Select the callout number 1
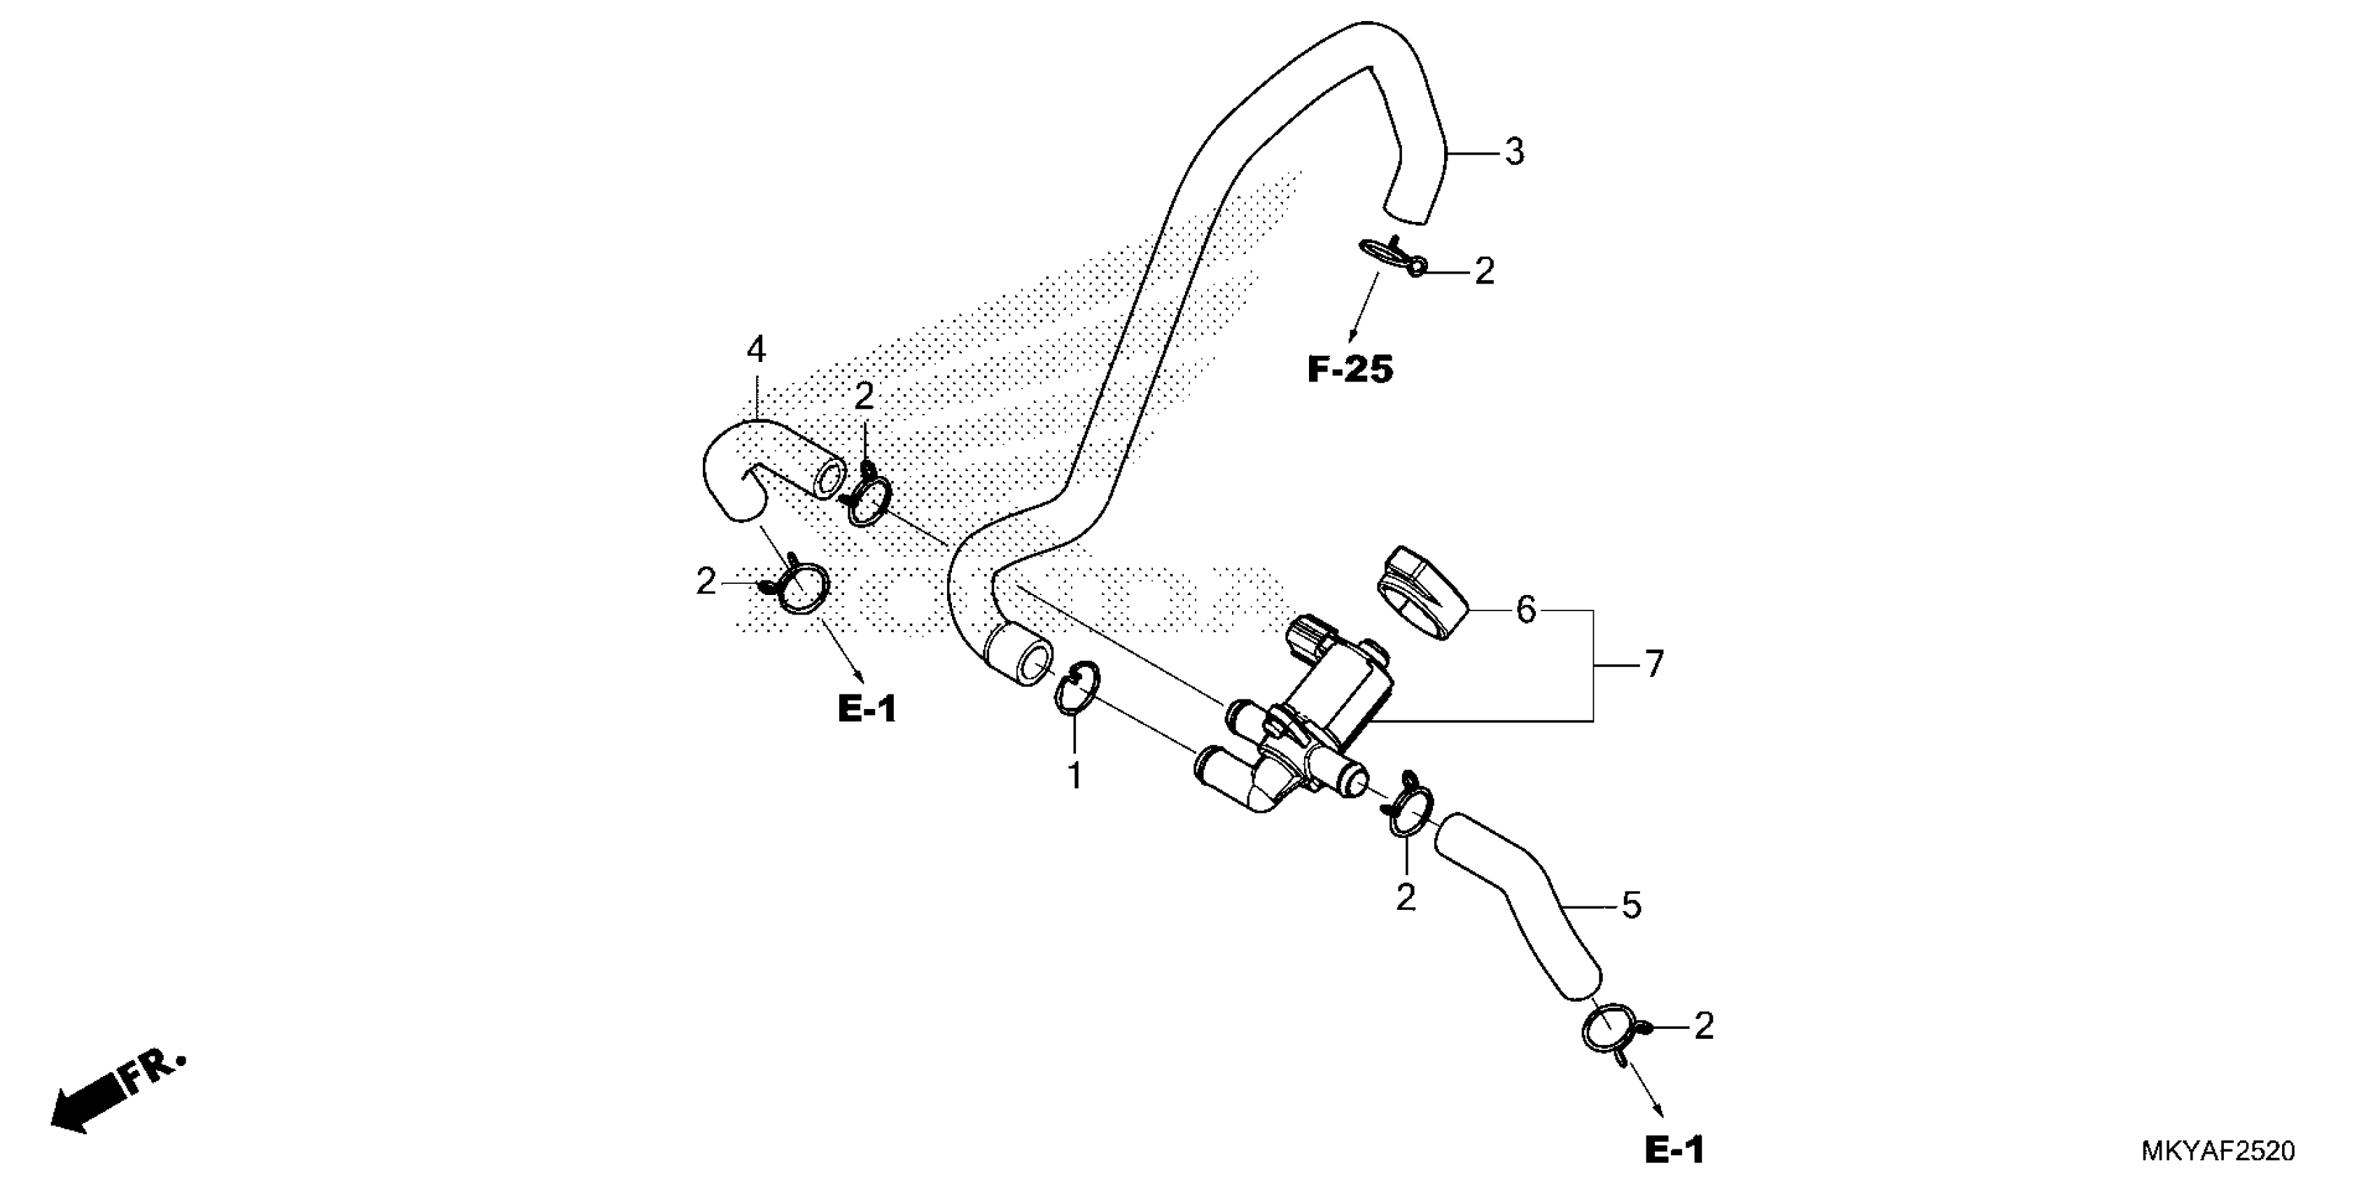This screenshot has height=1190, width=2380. (x=1074, y=776)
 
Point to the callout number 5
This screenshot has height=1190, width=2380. (x=1632, y=905)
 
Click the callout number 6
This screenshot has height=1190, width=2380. (x=1525, y=610)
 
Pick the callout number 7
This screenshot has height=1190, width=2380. (x=1653, y=664)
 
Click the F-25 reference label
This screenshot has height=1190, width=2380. (x=1350, y=370)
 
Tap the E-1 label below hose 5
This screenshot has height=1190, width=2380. (x=1674, y=1150)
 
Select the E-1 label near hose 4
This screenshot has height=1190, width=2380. (x=867, y=708)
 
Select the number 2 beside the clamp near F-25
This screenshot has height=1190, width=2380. (x=1484, y=272)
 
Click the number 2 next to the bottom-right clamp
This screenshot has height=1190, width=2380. (x=1704, y=1026)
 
